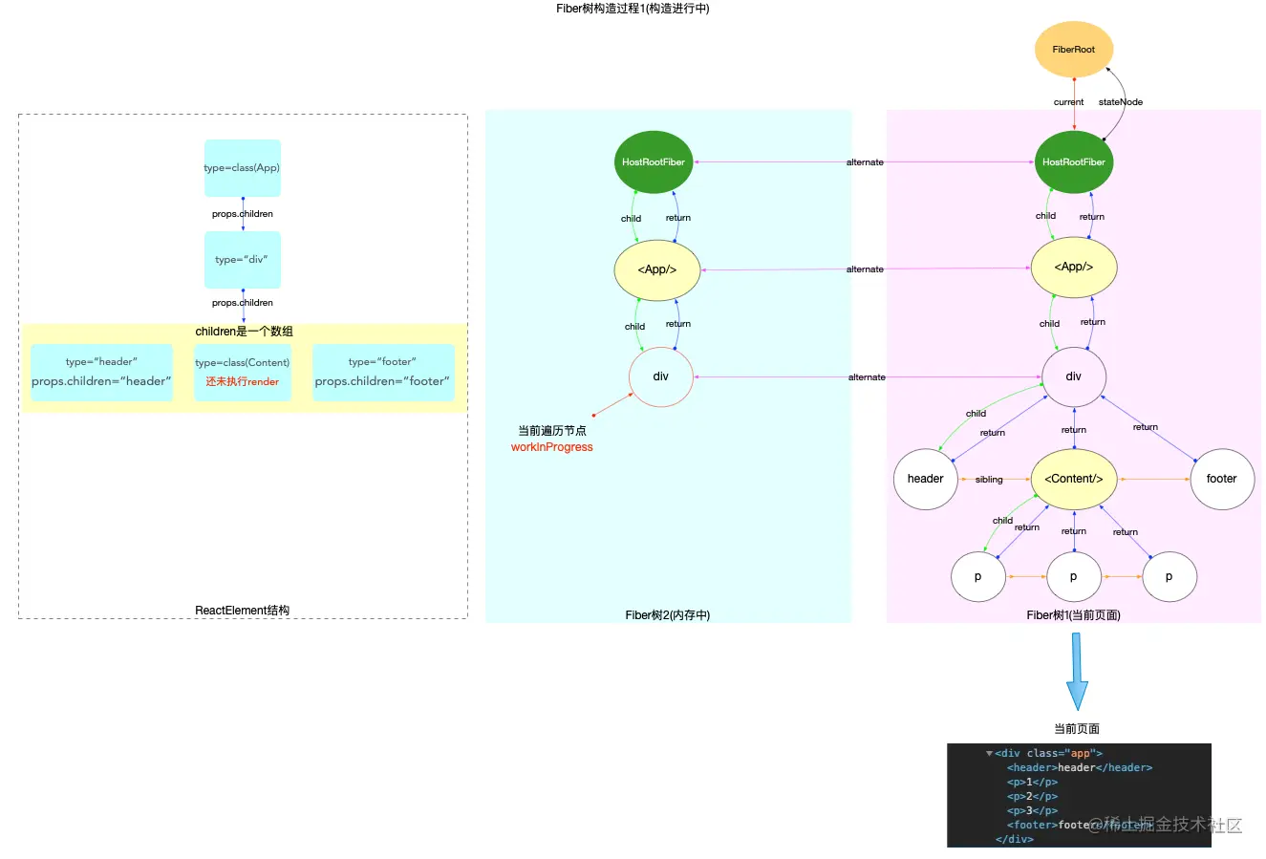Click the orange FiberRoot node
[1073, 50]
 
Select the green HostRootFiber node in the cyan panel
[654, 162]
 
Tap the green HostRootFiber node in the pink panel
[1073, 162]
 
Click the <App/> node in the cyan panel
[656, 269]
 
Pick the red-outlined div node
[660, 376]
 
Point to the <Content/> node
[1073, 479]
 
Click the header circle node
[925, 479]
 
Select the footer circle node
[1221, 479]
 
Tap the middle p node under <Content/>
[1073, 576]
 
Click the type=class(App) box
[242, 168]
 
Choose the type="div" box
[242, 260]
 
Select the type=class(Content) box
[242, 372]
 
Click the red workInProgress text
[551, 447]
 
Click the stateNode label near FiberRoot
[1120, 102]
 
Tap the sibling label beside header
[989, 480]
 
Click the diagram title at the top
[633, 9]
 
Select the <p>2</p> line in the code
[1032, 796]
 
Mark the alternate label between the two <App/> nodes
[865, 269]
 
